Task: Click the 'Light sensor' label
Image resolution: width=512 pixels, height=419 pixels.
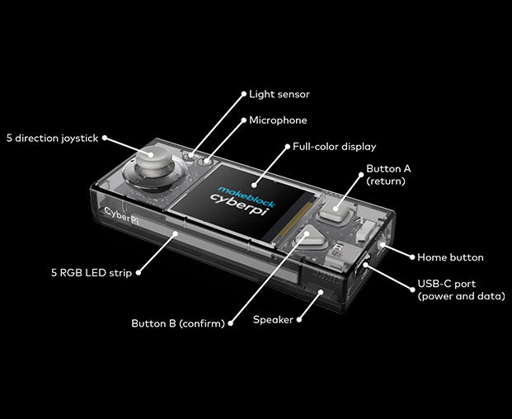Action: coord(279,94)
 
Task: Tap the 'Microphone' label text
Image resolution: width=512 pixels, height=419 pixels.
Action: coord(278,120)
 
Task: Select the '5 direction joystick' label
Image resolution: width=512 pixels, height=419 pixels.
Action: coord(52,138)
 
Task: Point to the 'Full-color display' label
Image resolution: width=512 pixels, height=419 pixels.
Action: coord(335,147)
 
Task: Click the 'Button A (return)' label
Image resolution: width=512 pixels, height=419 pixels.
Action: coord(388,174)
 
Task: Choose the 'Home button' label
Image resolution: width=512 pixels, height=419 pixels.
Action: coord(450,257)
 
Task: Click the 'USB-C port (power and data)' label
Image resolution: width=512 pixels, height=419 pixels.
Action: coord(461,290)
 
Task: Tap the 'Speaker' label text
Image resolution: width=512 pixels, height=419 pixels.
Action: coord(273,319)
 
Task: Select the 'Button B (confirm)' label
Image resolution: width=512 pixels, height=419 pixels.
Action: coord(178,323)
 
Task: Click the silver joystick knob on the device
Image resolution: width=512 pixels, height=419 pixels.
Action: coord(151,158)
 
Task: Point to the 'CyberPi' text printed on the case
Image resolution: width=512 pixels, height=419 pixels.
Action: coord(121,212)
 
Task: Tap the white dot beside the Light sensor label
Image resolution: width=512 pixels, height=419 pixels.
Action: coord(243,94)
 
